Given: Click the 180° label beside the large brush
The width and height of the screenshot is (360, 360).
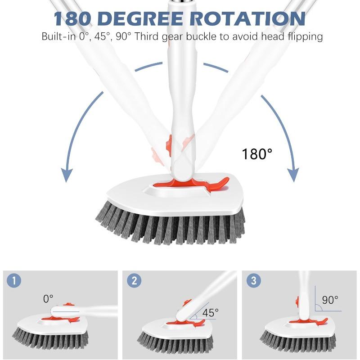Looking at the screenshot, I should click(x=257, y=154).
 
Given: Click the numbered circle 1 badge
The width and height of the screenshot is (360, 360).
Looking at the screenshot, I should click(x=14, y=281).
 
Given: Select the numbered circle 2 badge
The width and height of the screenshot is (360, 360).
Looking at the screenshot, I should click(x=134, y=281).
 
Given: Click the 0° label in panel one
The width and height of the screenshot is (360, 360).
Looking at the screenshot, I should click(x=48, y=298).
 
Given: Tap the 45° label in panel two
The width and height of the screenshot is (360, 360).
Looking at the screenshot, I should click(x=210, y=312).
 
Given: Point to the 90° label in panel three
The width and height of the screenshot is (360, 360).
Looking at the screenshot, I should click(x=330, y=300).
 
